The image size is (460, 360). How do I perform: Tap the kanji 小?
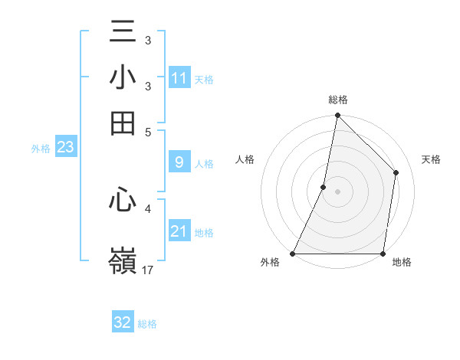coord(123,78)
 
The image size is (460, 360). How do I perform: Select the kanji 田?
coord(123,123)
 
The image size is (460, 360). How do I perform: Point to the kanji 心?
coord(123,201)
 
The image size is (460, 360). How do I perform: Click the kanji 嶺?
coord(123,260)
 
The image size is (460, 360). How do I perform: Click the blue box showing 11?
coord(179,78)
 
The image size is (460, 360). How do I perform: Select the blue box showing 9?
coord(179,162)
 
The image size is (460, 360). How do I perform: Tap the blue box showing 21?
coord(179,231)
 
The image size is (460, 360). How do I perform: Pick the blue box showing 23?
coord(65,148)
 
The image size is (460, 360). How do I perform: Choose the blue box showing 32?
coord(123,322)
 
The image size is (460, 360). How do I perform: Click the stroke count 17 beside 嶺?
coord(148,270)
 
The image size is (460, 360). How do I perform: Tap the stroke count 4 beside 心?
coord(148,207)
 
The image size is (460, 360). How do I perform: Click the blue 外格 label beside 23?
coord(40,149)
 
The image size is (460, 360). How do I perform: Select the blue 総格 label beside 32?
coord(147,323)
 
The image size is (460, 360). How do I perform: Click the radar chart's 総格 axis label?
coord(338,100)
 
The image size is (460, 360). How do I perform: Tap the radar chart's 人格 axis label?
coord(245,159)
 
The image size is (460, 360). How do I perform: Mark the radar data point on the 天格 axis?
coord(396,172)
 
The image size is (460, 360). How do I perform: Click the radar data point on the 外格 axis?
coord(293,254)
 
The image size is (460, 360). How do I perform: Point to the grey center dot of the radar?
coord(338,191)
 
